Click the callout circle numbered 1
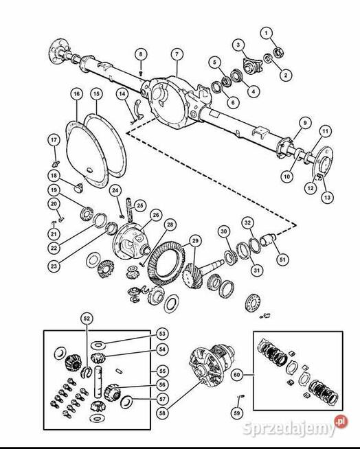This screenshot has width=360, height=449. point(267,33)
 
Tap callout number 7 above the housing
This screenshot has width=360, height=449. point(177,54)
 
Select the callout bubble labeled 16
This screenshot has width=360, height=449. point(76,94)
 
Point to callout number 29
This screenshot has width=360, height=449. point(195,241)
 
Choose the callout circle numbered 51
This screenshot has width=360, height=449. point(282,260)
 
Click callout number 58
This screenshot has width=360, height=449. point(162,413)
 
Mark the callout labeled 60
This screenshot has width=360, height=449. point(237,375)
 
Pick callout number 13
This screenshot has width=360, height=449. point(327,197)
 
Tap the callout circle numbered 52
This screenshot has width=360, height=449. point(87,319)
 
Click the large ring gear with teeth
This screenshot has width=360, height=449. point(166,264)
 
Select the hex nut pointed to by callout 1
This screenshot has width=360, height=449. point(278,52)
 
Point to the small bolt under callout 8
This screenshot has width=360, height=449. point(141,73)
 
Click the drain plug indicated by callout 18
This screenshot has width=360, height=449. point(78,188)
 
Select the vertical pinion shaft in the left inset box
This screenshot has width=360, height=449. point(98,382)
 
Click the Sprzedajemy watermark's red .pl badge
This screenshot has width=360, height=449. point(341,422)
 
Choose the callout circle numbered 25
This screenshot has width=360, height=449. point(140,205)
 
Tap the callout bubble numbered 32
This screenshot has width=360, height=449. point(247,222)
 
